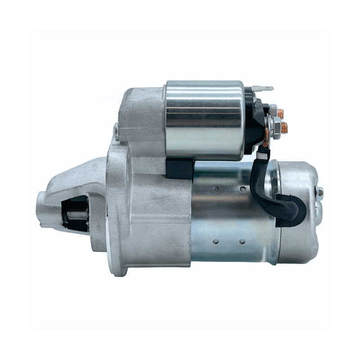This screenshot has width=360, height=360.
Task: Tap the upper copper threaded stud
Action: point(281,113)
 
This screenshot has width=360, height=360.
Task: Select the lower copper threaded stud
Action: point(283,128)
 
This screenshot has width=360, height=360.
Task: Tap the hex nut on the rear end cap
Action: point(319,192)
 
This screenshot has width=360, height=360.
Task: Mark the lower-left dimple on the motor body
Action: point(216,242)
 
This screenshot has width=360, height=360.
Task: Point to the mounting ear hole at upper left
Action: point(116,131)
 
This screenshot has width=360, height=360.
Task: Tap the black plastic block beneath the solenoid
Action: point(180,168)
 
